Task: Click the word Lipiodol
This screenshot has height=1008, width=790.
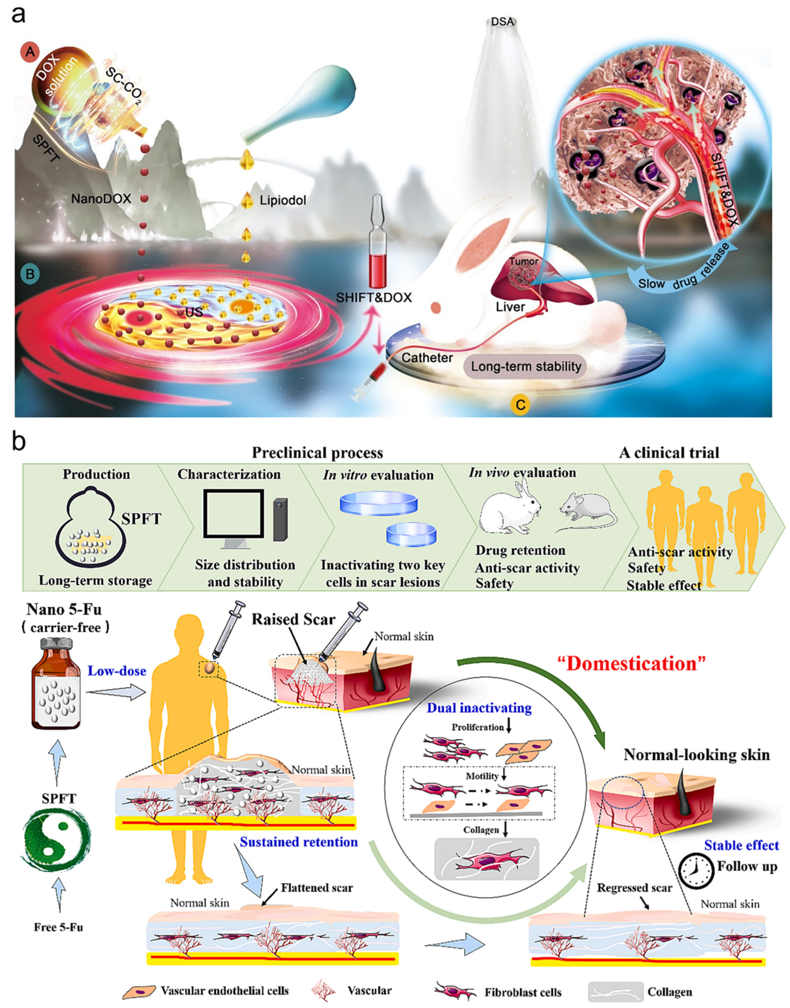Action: (x=283, y=200)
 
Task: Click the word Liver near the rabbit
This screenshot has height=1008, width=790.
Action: (x=510, y=306)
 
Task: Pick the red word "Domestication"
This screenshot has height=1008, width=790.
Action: (x=631, y=664)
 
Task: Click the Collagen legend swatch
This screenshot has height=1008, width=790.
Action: (x=615, y=992)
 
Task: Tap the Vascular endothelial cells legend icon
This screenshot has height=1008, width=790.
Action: (x=140, y=991)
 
